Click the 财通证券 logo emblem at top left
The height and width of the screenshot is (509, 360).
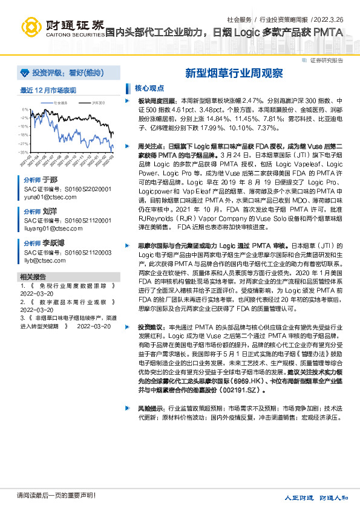pyautogui.click(x=31, y=27)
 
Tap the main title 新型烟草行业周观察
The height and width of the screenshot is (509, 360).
pyautogui.click(x=234, y=73)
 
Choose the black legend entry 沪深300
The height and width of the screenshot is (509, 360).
pyautogui.click(x=97, y=103)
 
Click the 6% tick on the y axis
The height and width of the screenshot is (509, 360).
pyautogui.click(x=25, y=109)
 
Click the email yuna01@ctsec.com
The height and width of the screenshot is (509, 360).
pyautogui.click(x=46, y=197)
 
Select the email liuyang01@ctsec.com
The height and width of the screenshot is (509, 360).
pyautogui.click(x=50, y=229)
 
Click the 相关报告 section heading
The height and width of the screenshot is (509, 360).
pyautogui.click(x=34, y=276)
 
